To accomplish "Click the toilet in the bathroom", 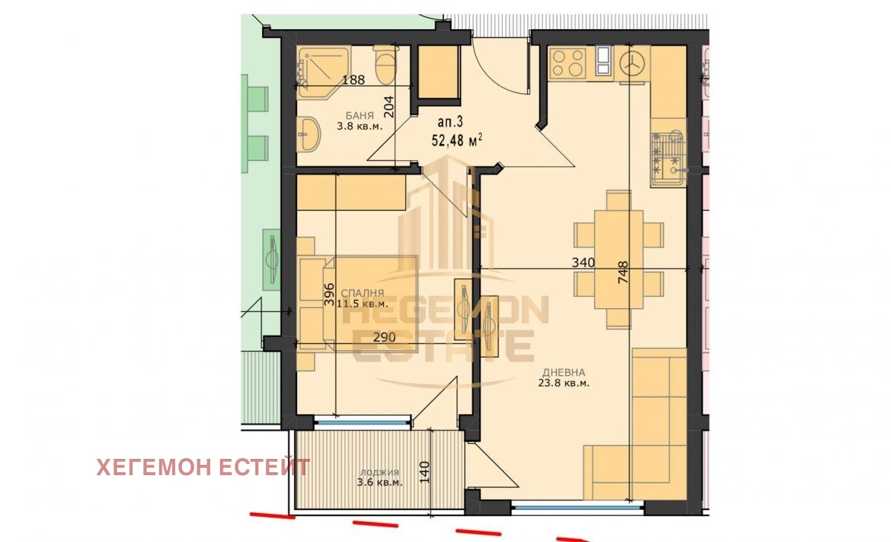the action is tap(385, 65).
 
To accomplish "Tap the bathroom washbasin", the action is tap(308, 134).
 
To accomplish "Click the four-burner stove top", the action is tap(567, 63).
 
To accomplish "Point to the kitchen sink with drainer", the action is tap(668, 159).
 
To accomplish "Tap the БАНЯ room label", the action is tap(359, 116).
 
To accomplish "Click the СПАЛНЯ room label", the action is tap(363, 293).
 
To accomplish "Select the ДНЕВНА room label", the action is tap(564, 373).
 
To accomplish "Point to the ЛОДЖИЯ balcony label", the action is tap(379, 472).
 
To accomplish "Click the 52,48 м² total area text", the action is tap(457, 140).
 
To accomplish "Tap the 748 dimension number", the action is tap(623, 272).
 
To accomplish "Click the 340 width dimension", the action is tap(583, 262).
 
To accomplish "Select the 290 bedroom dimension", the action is tap(385, 337).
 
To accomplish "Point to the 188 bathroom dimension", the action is tap(353, 80).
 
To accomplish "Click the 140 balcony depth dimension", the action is tap(425, 472).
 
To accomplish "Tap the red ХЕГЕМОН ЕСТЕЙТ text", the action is tap(203, 467).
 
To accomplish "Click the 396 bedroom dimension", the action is tap(329, 294).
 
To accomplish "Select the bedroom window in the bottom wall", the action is tap(362, 422).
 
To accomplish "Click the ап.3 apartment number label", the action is tap(450, 122).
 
